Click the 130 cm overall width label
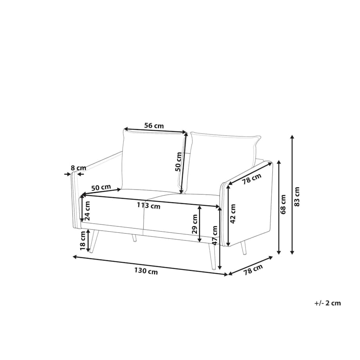coord(146,271)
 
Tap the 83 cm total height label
coord(297,197)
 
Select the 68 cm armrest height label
coord(283,205)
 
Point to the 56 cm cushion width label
coord(154,126)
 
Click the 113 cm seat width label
coord(149,205)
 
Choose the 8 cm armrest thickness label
coord(78,168)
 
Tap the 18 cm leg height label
coord(83,241)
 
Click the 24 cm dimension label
coord(88,211)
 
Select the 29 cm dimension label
coord(195,224)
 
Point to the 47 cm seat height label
coord(215,235)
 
